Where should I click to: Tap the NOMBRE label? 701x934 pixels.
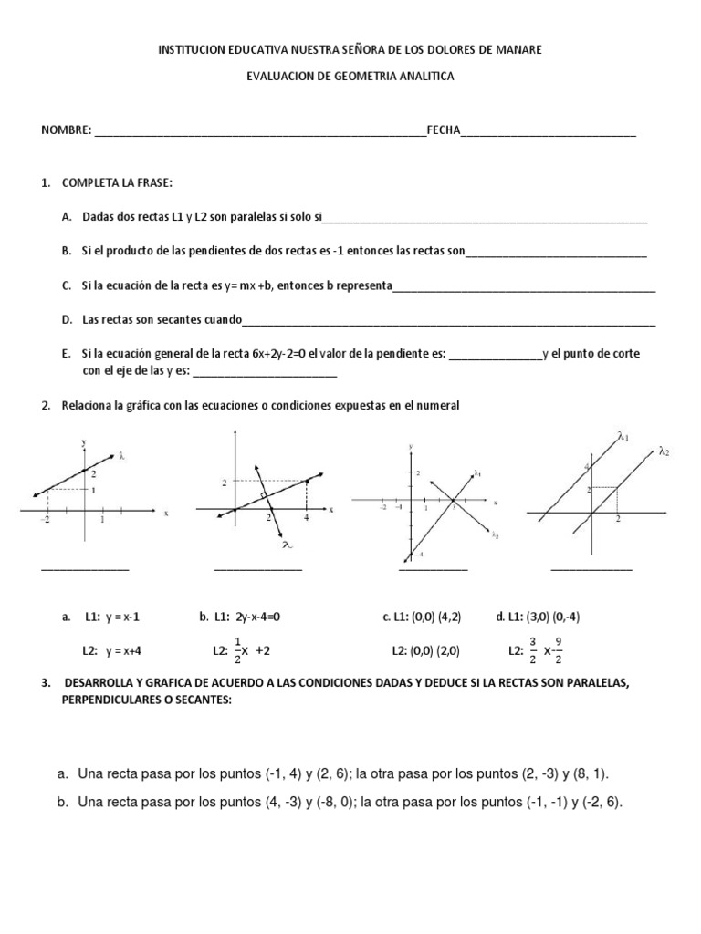click(66, 131)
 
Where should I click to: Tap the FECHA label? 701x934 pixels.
click(444, 131)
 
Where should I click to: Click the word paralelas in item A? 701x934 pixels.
click(235, 218)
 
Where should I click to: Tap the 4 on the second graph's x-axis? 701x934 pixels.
click(306, 517)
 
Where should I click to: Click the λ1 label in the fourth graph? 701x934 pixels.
click(623, 437)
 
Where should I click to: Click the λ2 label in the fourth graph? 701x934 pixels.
click(664, 451)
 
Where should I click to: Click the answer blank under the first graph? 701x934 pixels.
click(85, 568)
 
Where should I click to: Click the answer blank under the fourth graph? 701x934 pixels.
click(591, 568)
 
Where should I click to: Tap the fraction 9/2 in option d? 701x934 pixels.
click(558, 651)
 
